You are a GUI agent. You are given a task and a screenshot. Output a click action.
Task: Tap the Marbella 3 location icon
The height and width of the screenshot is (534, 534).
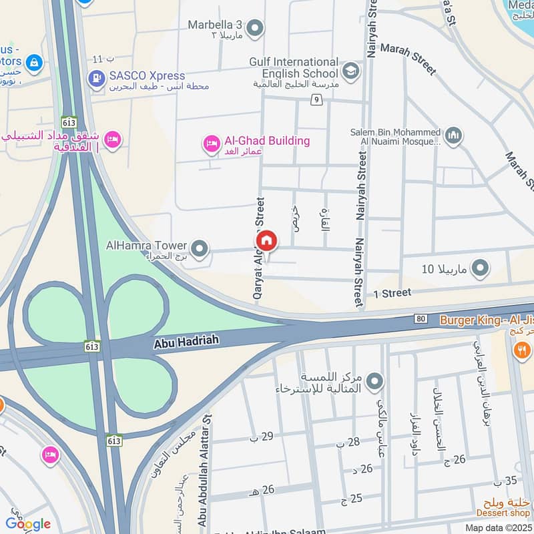pyautogui.click(x=254, y=28)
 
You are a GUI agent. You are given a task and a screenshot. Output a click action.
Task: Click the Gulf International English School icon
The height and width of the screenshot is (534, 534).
pyautogui.click(x=350, y=69)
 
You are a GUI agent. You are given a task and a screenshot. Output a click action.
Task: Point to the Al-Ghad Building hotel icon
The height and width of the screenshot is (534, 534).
pyautogui.click(x=212, y=144)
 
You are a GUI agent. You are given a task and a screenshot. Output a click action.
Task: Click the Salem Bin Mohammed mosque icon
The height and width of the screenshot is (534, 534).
pyautogui.click(x=453, y=136)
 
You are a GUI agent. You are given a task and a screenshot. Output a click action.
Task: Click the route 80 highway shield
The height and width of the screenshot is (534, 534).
pyautogui.click(x=421, y=318)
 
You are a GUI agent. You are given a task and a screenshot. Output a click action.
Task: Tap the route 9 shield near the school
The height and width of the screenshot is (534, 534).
pyautogui.click(x=316, y=100)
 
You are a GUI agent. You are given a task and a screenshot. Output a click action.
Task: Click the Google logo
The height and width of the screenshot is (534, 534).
pyautogui.click(x=28, y=523)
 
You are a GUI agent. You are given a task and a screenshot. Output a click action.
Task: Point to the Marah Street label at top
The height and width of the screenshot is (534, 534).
pyautogui.click(x=408, y=59)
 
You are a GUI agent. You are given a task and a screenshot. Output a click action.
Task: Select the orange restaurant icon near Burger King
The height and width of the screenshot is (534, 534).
pyautogui.click(x=522, y=349)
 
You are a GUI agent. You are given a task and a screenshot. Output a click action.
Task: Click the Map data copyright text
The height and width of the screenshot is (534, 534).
pyautogui.click(x=499, y=527)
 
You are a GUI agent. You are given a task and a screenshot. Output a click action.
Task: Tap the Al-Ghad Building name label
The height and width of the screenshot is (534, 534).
pyautogui.click(x=267, y=141)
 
